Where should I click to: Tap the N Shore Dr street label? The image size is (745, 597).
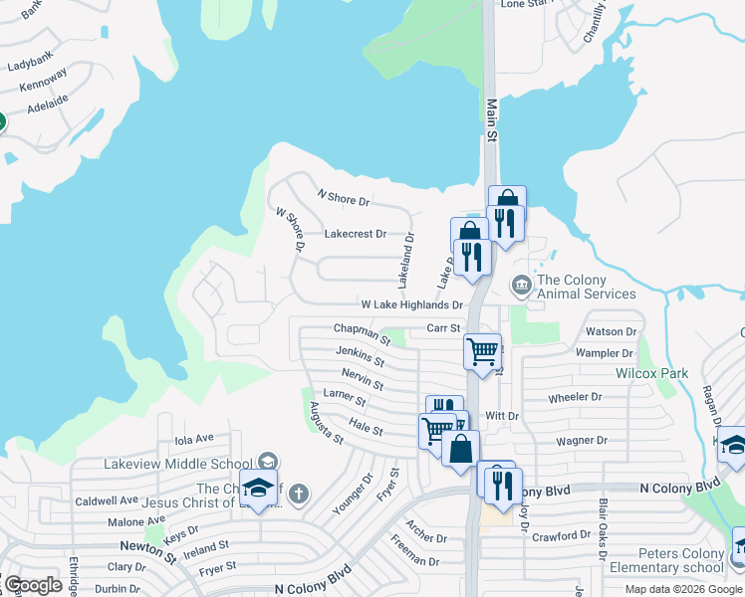343,198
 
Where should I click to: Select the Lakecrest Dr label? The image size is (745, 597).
355,234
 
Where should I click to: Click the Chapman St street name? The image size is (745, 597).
362,330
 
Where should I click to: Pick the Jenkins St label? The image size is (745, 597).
360,354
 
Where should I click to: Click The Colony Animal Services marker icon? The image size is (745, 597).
521,287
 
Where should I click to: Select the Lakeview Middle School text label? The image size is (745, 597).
176,463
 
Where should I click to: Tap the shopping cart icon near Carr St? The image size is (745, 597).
482,350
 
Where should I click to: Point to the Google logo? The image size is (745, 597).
33,585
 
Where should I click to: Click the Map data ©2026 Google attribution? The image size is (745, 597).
682,589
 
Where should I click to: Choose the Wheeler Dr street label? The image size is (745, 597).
576,397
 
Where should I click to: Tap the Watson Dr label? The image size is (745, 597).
611,331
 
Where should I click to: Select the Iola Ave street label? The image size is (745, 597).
194,439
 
